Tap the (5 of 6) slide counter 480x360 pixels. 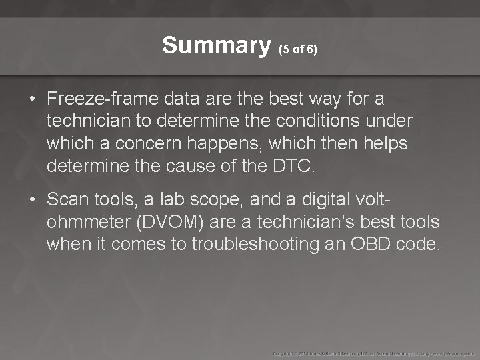pos(297,50)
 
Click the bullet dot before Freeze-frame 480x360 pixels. pos(32,99)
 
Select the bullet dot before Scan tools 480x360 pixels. pos(32,199)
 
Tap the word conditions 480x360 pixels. pos(323,121)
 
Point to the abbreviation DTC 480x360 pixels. pos(291,166)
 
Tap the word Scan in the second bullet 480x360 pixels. pos(65,199)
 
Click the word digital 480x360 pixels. pos(320,199)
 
